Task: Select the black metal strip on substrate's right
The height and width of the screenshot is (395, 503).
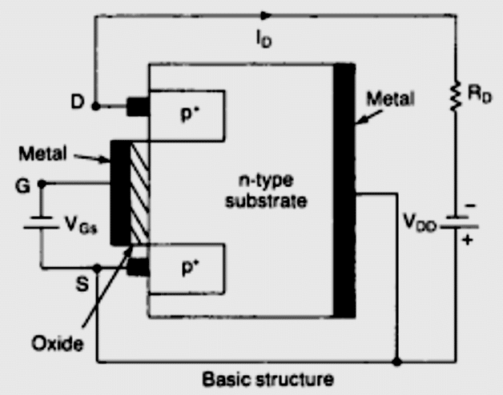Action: [x=344, y=192]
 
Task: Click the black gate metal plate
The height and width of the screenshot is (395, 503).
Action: [x=119, y=192]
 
